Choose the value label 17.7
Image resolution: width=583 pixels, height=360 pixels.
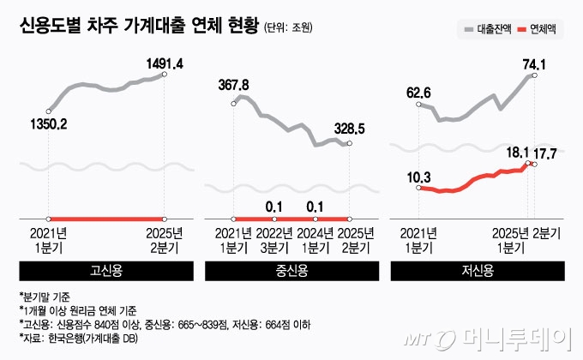545,154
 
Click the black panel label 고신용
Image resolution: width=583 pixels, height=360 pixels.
106,270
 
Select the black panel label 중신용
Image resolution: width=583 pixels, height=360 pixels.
291,270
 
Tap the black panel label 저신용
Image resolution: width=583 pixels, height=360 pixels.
477,270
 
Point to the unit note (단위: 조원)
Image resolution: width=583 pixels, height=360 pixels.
287,28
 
